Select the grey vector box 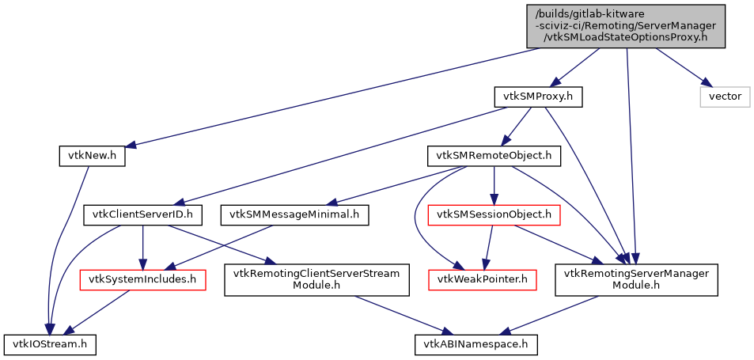[724, 97]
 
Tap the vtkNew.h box [92, 156]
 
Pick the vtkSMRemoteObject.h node [494, 156]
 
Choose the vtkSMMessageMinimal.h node [295, 214]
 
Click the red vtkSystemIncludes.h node [142, 279]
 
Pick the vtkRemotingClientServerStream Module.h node [316, 279]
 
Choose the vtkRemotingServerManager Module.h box [636, 279]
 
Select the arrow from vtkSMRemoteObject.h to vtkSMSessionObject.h [494, 185]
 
